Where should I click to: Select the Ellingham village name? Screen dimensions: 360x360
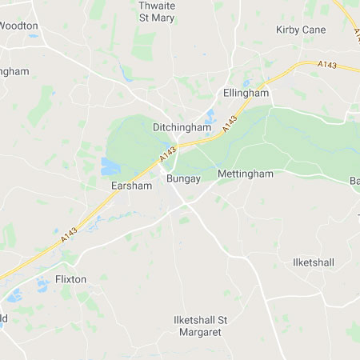[x=246, y=93]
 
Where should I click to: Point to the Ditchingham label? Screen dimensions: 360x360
[x=182, y=126]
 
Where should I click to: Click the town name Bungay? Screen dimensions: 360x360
[x=182, y=178]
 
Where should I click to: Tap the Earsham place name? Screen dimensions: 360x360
[x=130, y=185]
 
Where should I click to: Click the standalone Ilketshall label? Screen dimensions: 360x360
[x=313, y=262]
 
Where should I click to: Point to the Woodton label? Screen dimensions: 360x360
[x=18, y=26]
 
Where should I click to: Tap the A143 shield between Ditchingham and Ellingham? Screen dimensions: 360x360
[x=230, y=126]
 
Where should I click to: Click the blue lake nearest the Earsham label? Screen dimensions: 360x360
[x=110, y=166]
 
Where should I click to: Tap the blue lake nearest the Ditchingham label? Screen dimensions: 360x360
[x=209, y=118]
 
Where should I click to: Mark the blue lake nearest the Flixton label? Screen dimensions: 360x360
[x=42, y=284]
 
